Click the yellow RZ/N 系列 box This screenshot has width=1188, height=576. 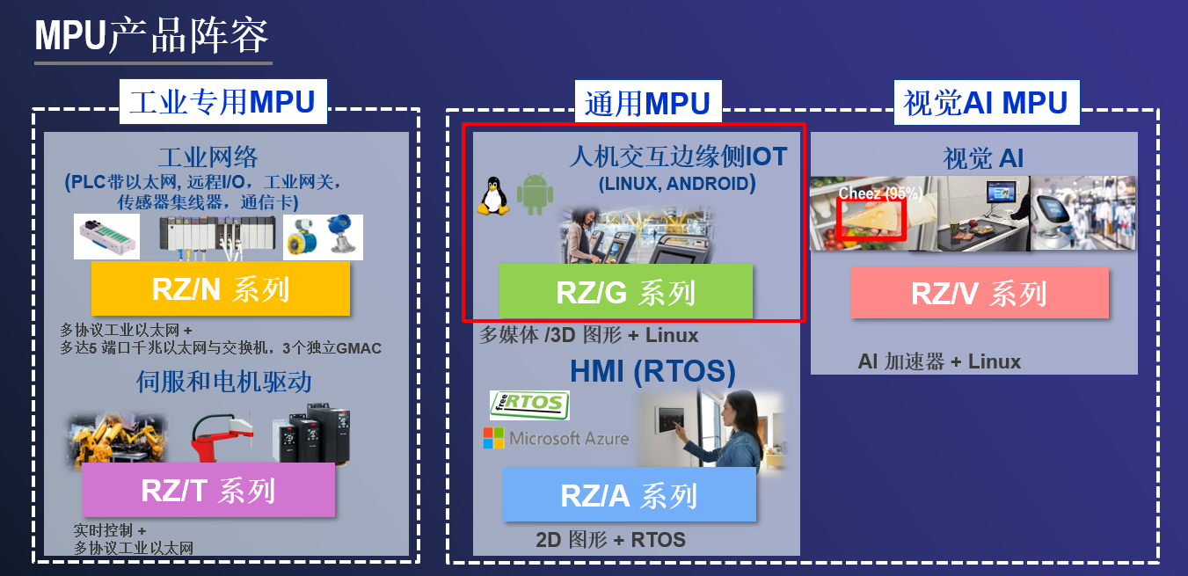(221, 288)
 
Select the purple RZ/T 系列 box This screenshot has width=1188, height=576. (208, 490)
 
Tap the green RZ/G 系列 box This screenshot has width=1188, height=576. (626, 292)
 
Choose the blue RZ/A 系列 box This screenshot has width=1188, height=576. (630, 494)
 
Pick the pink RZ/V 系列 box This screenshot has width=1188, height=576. (980, 293)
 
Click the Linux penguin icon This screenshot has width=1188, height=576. (493, 196)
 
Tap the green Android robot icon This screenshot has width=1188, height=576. (536, 193)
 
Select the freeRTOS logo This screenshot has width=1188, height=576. (529, 405)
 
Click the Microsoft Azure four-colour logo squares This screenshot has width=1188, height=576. (493, 438)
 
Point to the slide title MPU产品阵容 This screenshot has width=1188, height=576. (151, 35)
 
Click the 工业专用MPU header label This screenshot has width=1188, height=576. (222, 101)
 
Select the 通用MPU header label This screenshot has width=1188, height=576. (648, 102)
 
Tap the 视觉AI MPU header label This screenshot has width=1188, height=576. (987, 102)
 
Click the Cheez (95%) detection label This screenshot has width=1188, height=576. (880, 193)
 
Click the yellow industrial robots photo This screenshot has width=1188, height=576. (118, 439)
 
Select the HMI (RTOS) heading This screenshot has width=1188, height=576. (652, 371)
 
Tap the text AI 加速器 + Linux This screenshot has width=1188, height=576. (939, 361)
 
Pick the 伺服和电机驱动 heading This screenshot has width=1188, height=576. (224, 382)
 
